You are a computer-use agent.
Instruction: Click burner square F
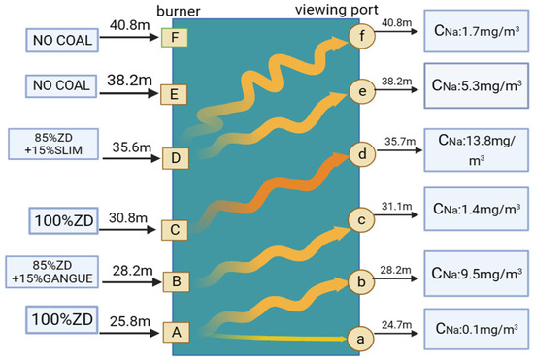176,40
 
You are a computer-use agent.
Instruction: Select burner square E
177,95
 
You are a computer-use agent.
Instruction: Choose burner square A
177,331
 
